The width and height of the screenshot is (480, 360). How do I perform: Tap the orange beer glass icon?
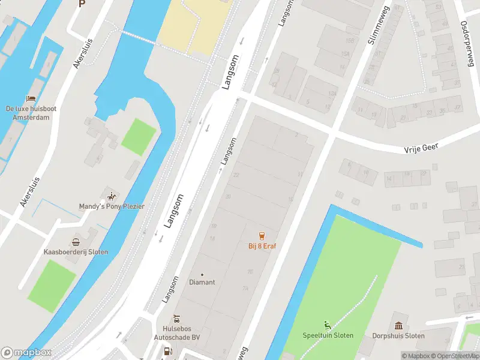pos(262,235)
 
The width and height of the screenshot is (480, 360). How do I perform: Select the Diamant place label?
pos(202,282)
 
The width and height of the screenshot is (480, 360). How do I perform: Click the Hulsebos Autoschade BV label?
pos(181,333)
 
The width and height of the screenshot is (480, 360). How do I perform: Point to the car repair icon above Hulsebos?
pos(176,318)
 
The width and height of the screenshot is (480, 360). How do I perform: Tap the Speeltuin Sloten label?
pos(328,335)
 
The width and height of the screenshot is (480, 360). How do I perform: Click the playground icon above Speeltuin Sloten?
pos(327,325)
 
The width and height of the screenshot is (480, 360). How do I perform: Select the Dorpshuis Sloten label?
pos(398,335)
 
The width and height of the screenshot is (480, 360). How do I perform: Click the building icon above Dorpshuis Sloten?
pos(398,325)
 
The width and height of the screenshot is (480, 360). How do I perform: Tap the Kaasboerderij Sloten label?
pos(76,252)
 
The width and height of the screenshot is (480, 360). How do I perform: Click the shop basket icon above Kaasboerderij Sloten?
pos(76,242)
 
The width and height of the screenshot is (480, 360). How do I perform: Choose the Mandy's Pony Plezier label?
pos(112,206)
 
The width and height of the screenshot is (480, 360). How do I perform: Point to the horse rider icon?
pos(111,196)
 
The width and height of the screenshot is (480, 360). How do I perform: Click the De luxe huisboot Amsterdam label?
pos(31,113)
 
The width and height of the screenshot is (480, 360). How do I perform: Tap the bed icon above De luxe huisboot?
pos(30,98)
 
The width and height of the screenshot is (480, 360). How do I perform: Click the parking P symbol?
pos(82,3)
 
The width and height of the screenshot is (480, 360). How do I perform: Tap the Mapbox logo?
pos(26,353)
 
